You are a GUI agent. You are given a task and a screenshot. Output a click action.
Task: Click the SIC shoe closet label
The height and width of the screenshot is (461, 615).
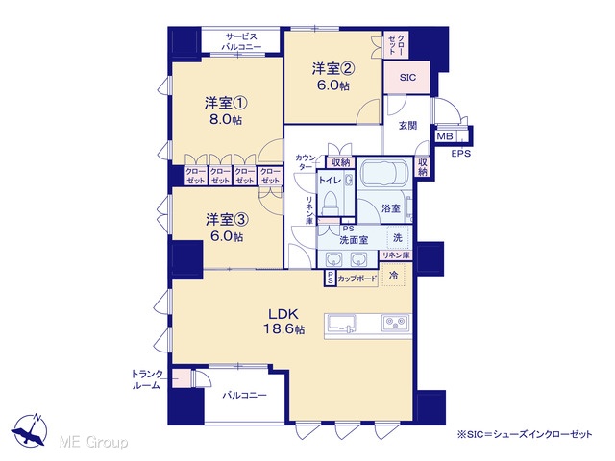(x=407, y=78)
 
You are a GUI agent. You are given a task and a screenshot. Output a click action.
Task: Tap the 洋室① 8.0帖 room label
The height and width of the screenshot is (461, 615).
(x=226, y=111)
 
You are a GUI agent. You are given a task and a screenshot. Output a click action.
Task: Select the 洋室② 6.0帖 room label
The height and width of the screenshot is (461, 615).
(x=333, y=77)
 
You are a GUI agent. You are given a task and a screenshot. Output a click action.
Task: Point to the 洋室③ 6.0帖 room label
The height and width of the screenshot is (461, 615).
(x=227, y=228)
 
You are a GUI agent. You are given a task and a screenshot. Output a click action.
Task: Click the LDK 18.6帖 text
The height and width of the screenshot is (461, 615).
(x=283, y=322)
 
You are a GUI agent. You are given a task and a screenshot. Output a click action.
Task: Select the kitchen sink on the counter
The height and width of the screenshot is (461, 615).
(x=340, y=325)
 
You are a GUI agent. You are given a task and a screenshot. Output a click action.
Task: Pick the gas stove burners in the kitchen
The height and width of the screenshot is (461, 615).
(x=395, y=323)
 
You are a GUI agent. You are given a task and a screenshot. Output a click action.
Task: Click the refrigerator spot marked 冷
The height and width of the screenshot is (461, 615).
(x=393, y=275)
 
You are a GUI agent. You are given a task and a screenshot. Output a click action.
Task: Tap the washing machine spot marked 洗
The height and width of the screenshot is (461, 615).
(x=398, y=237)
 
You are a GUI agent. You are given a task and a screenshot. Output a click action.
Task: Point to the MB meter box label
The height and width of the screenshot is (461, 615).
(x=445, y=136)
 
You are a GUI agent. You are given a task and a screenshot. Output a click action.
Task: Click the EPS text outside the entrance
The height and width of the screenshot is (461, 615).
(x=461, y=154)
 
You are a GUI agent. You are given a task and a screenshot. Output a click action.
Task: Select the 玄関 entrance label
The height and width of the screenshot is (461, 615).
(x=407, y=126)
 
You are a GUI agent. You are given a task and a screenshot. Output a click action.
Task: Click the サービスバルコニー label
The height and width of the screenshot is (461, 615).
(x=241, y=41)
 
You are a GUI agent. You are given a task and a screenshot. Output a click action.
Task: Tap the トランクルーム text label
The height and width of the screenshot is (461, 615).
(x=147, y=379)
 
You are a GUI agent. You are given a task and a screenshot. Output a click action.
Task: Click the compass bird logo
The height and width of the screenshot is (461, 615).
(x=30, y=430)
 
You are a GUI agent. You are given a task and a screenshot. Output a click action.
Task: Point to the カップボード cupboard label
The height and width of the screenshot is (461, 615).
(x=357, y=279)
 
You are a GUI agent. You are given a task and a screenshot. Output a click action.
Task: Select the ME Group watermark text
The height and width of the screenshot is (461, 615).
(x=93, y=442)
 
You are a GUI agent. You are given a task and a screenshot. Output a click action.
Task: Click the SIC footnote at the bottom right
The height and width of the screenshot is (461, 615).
(x=525, y=434)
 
